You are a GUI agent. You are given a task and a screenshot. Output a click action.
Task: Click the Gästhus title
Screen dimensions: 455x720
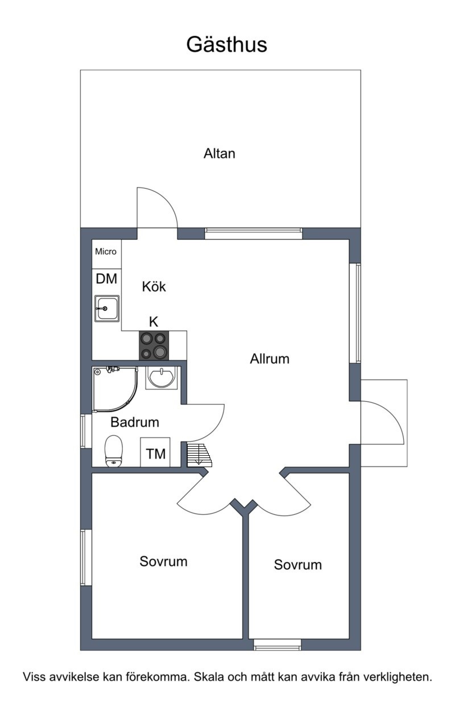[227, 45]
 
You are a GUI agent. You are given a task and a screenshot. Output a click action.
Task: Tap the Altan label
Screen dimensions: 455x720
[220, 153]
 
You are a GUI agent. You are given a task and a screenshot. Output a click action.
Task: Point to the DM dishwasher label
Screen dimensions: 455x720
[106, 279]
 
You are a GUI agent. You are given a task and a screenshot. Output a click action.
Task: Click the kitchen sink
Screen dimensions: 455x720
[107, 309]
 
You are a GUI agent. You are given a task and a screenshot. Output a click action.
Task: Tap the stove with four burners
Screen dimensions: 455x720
[154, 345]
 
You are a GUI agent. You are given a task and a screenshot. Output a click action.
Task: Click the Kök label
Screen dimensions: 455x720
[154, 286]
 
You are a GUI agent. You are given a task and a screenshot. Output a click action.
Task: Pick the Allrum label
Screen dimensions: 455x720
[270, 359]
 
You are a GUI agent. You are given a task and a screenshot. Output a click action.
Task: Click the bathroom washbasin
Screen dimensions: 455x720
[161, 378]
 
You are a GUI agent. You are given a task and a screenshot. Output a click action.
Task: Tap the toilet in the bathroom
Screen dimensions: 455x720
[114, 451]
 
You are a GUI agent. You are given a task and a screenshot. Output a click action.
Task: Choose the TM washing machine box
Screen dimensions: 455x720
[155, 452]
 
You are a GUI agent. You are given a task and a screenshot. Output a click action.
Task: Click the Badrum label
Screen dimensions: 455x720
[135, 422]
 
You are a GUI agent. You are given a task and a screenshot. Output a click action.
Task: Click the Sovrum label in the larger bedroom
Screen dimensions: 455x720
[164, 561]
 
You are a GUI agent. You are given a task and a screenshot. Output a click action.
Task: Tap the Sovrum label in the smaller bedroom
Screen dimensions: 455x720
[298, 565]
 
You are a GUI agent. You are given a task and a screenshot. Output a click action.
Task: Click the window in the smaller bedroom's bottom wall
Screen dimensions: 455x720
[278, 645]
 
